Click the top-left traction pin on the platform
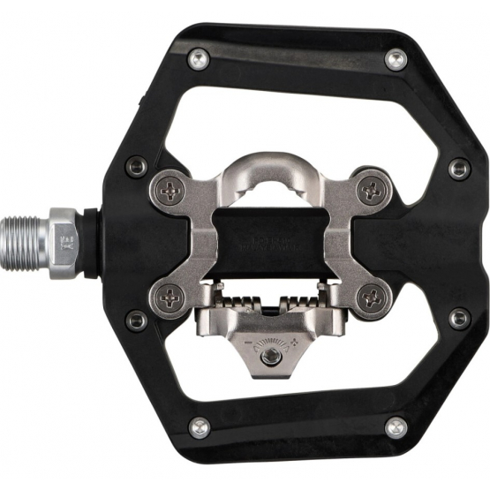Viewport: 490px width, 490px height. [x=196, y=60]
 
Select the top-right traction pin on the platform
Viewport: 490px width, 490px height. [x=395, y=60]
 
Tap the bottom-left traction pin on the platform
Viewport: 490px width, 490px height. [x=200, y=426]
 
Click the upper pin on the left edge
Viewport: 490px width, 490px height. [x=136, y=166]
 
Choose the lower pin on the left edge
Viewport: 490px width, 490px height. [x=136, y=320]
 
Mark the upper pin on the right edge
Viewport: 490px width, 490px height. [x=459, y=168]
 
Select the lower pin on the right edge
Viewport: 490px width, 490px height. [x=459, y=318]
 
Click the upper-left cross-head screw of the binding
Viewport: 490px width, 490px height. [x=170, y=187]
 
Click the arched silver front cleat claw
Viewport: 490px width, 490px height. [x=268, y=172]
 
